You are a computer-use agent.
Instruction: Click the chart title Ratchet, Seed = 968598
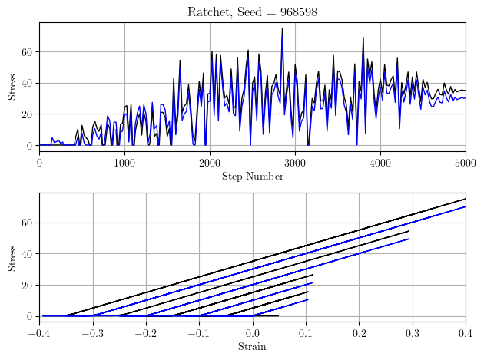coord(252,12)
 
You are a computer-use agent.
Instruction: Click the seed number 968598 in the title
coord(295,12)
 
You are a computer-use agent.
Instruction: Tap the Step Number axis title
coord(252,177)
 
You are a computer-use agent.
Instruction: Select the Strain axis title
coord(252,347)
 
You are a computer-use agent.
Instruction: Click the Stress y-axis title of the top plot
coord(12,86)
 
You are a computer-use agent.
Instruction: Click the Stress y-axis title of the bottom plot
coord(12,257)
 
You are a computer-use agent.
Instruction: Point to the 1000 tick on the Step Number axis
coord(124,162)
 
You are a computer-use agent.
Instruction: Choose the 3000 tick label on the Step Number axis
coord(295,162)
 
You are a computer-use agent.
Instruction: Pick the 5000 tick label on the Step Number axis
coord(465,162)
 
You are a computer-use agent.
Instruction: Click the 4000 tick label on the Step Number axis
coord(380,162)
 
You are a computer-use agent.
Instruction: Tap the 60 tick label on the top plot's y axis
coord(28,52)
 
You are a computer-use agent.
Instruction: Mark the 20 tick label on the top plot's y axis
coord(28,114)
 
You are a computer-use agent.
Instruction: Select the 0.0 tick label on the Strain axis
coord(252,332)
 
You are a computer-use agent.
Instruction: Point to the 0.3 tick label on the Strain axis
coord(412,332)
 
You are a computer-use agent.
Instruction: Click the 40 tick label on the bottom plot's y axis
coord(28,254)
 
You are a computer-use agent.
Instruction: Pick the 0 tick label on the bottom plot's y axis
coord(30,316)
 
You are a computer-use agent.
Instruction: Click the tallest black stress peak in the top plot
coord(282,28)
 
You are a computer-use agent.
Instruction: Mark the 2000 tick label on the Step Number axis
coord(210,162)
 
